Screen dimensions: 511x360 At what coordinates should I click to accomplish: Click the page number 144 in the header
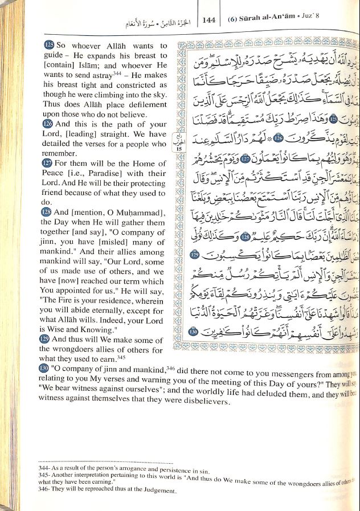(x=208, y=20)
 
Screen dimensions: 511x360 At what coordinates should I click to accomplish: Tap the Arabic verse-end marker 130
(x=193, y=332)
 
